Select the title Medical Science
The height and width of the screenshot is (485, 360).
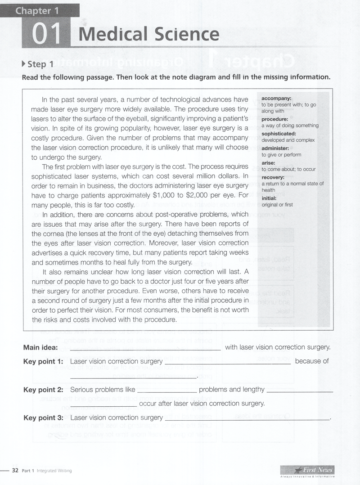click(x=149, y=35)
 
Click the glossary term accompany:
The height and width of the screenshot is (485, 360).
click(x=276, y=98)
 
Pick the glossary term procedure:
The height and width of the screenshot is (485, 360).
click(x=274, y=119)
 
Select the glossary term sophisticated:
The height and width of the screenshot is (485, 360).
click(x=279, y=134)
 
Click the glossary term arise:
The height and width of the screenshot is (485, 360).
click(x=268, y=163)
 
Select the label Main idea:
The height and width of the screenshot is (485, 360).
click(x=40, y=347)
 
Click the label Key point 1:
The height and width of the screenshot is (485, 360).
click(x=43, y=361)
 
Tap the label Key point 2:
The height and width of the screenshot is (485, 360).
click(x=43, y=390)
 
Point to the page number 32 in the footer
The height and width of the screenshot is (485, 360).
click(x=14, y=470)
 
